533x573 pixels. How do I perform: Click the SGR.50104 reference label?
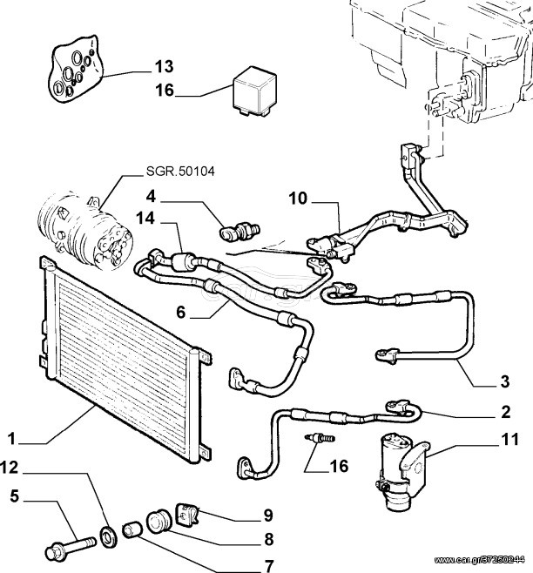coord(180,171)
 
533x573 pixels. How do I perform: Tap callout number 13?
coord(164,66)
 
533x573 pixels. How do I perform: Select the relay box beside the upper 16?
coord(254,91)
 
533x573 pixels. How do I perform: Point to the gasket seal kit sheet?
coord(76,69)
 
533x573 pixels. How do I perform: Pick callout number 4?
coord(151,197)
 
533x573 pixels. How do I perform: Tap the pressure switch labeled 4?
coord(240,232)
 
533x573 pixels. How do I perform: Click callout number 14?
coord(145,219)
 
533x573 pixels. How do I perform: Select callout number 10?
coord(298,199)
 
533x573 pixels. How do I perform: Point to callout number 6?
coord(181,312)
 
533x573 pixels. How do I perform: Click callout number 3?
coord(505,381)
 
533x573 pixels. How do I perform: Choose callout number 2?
coord(506,412)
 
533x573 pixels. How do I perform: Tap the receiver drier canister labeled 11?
coord(402,472)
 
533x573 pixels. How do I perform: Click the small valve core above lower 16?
coord(320,437)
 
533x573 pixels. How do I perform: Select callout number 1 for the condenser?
coord(11,439)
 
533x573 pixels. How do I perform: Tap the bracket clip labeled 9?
coord(187,513)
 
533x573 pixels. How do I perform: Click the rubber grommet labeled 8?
coord(159,520)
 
